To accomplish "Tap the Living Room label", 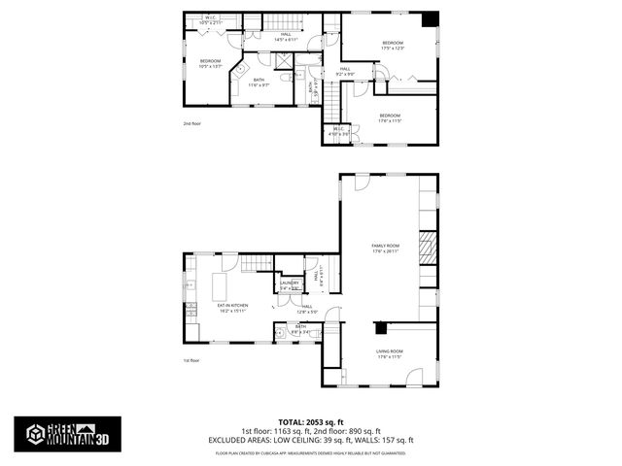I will [389, 353].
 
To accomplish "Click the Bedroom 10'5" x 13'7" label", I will [211, 64].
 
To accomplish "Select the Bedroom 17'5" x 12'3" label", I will [393, 46].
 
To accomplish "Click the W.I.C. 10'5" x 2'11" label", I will [211, 19].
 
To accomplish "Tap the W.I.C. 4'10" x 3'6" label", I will [339, 131].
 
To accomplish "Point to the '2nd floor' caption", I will [191, 124].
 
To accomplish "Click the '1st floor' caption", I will [191, 360].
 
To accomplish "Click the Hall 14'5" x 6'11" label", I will [286, 37].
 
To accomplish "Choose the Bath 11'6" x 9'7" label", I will [259, 83].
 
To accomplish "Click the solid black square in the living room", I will [382, 327].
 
